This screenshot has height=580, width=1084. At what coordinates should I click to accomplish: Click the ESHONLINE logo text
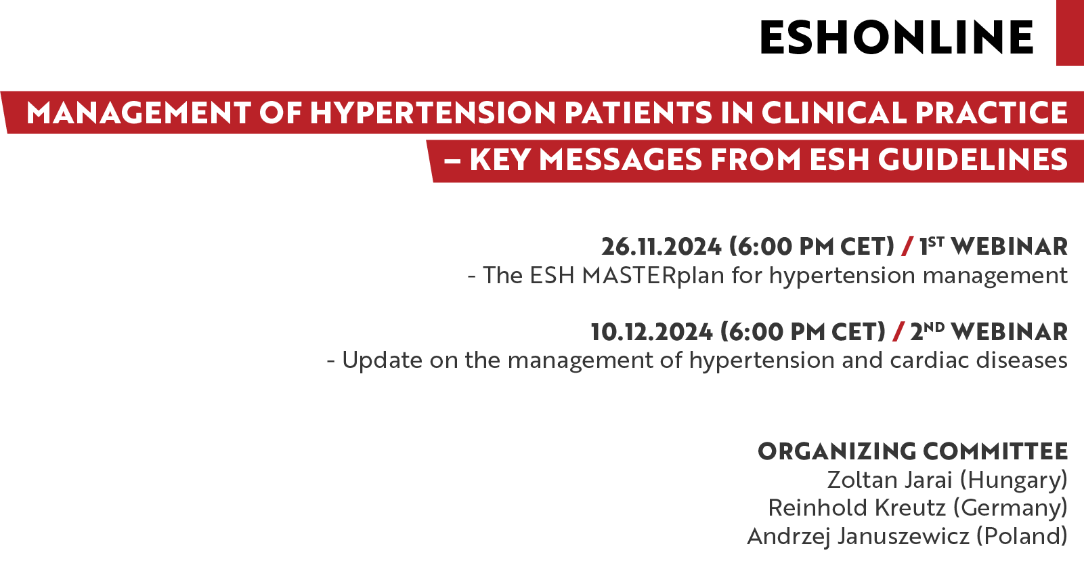click(896, 37)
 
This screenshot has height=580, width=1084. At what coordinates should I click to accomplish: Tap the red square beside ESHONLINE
click(1070, 33)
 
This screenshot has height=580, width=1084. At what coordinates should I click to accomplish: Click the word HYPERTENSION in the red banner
click(433, 112)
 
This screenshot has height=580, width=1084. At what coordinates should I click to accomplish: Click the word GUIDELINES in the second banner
click(973, 160)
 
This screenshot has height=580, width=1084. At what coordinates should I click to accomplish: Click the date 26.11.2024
click(662, 247)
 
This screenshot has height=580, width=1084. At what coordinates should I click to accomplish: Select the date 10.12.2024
click(652, 332)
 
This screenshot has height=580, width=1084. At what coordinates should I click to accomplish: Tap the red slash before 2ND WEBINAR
click(898, 332)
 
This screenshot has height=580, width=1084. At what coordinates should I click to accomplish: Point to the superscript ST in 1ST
click(936, 241)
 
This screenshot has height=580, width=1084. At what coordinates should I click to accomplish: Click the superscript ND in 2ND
click(934, 327)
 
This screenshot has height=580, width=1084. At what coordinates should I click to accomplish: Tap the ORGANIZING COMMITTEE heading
click(913, 451)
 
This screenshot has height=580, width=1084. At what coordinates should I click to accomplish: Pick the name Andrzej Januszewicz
click(859, 537)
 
